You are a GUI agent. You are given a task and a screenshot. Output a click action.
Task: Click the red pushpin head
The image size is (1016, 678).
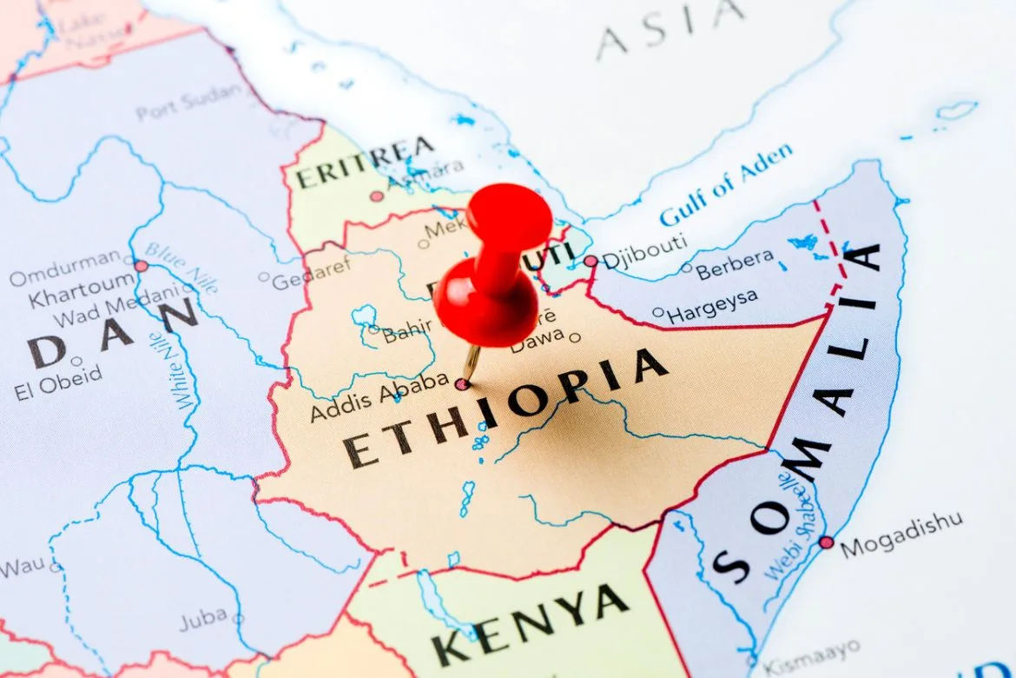tap(509, 217)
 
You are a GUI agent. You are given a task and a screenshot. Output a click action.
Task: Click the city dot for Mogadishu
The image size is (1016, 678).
tap(826, 542)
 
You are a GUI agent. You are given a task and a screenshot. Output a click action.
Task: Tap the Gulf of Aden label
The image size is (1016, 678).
tap(725, 184)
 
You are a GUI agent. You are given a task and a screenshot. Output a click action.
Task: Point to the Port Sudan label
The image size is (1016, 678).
tap(189, 102)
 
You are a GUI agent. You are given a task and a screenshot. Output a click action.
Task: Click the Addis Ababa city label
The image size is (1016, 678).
tap(379, 399)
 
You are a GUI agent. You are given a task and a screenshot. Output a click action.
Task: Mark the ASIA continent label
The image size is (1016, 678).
tap(670, 27)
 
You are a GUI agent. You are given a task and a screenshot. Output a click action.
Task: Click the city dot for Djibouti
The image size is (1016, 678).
tap(590, 261)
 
